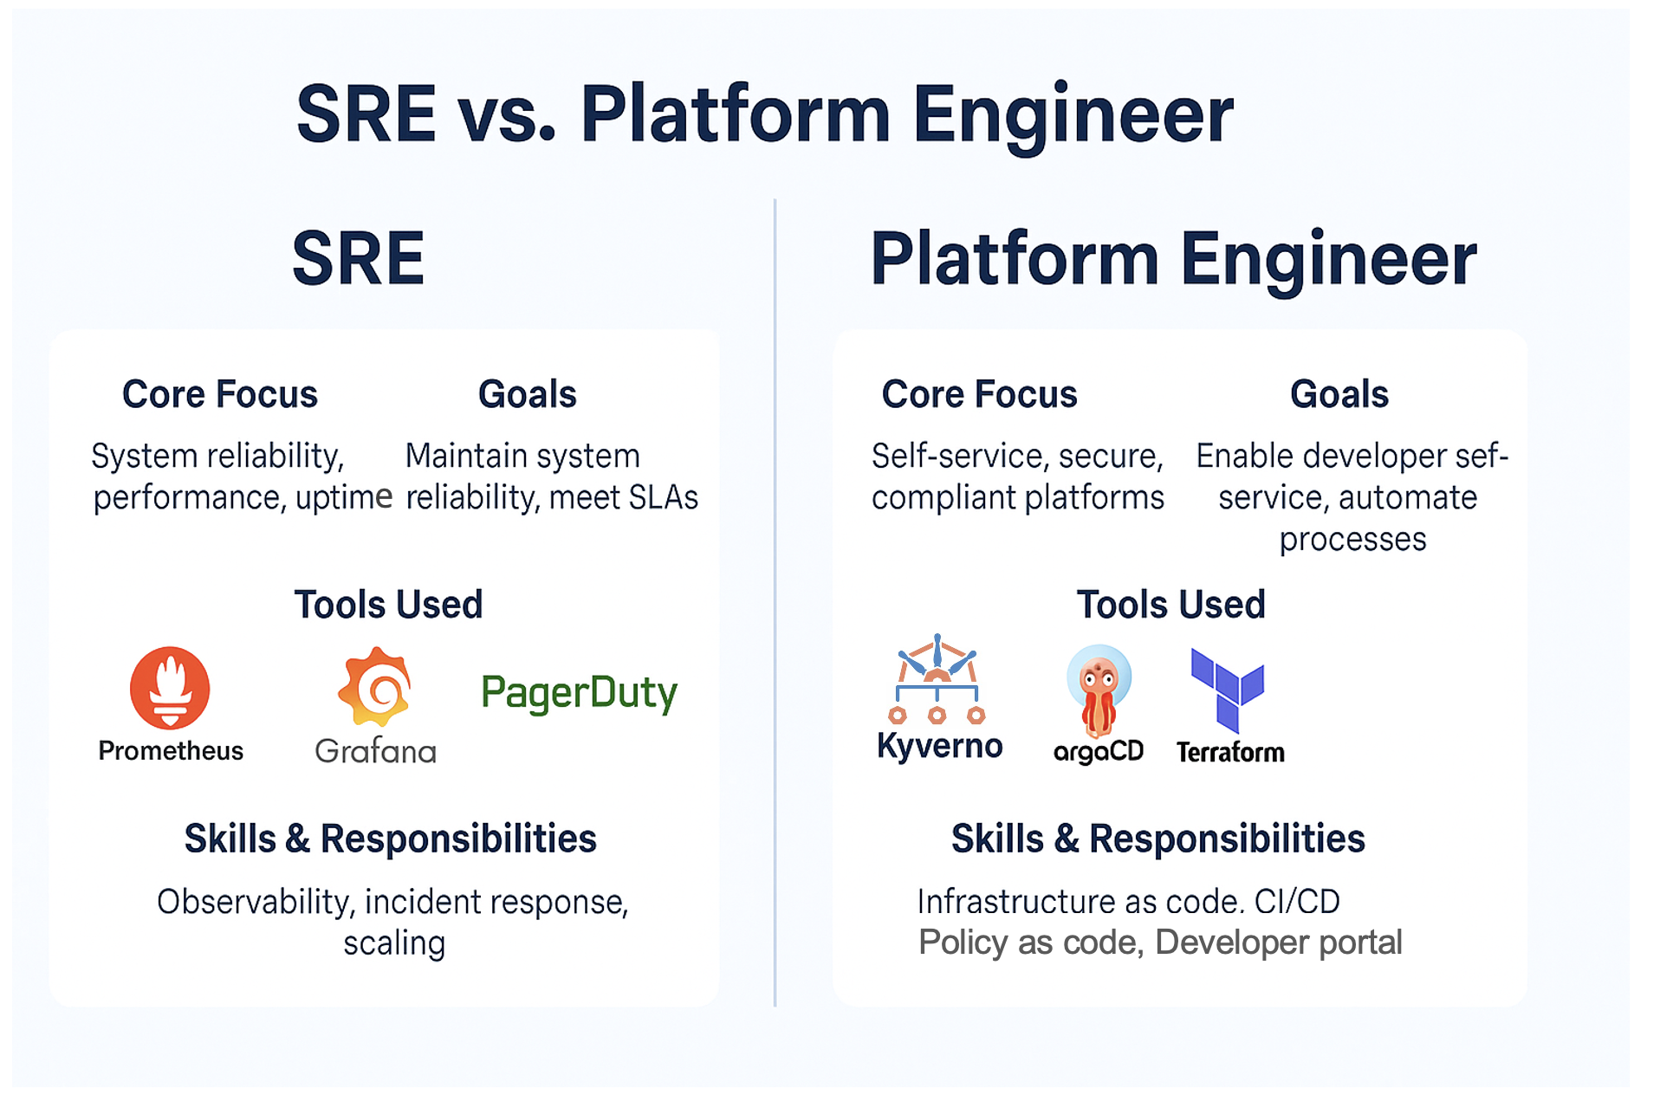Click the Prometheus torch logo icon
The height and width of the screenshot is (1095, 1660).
coord(170,688)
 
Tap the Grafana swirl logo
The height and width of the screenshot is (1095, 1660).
coord(374,686)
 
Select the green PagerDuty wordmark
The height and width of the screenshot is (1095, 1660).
coord(579,693)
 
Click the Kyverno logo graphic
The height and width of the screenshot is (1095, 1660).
coord(937,681)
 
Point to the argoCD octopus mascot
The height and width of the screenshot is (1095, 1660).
coord(1099,690)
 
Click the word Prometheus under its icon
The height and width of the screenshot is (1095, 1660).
coord(171,751)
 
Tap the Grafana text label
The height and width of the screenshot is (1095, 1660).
coord(375,751)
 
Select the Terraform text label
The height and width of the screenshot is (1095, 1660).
coord(1230,752)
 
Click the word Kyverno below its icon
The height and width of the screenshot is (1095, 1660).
coord(939,746)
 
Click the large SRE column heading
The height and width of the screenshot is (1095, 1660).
coord(359,258)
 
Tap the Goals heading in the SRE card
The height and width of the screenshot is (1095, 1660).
coord(527,394)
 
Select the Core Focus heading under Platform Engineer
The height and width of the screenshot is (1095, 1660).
coord(979,394)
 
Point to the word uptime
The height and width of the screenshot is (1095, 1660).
coord(344,498)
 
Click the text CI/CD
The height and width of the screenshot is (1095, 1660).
coord(1297,902)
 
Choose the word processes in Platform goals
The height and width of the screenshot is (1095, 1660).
coord(1352,540)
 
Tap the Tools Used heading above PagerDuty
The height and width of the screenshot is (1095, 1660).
coord(388,605)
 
